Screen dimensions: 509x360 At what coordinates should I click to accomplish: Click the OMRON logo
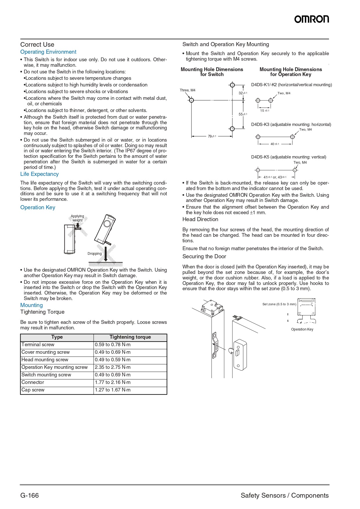(312, 19)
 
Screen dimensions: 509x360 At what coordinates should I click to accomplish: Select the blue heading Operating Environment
(48, 52)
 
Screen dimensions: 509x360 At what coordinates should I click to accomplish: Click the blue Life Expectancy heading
(39, 174)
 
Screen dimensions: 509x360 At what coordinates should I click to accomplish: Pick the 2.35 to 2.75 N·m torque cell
(113, 367)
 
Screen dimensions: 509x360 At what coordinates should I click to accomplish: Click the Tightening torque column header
(130, 337)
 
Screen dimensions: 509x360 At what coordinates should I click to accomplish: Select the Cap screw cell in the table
(33, 390)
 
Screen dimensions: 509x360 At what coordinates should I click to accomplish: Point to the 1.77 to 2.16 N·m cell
(113, 382)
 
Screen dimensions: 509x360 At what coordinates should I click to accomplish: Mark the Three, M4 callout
(187, 90)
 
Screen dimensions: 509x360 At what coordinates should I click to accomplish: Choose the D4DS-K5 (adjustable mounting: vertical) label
(289, 157)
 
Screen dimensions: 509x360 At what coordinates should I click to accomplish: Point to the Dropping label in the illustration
(95, 254)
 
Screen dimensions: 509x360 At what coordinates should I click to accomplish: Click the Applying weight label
(77, 218)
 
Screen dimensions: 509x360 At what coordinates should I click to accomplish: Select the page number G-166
(30, 495)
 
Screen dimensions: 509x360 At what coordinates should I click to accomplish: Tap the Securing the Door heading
(204, 257)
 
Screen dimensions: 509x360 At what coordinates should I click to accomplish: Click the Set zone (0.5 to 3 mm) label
(279, 304)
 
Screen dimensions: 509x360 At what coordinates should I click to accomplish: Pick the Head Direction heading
(200, 219)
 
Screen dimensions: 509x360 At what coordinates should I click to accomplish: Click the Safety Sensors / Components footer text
(285, 495)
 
